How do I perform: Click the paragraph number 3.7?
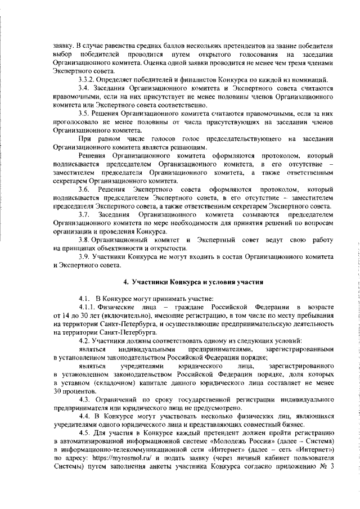85,214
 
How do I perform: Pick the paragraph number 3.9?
85,256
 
